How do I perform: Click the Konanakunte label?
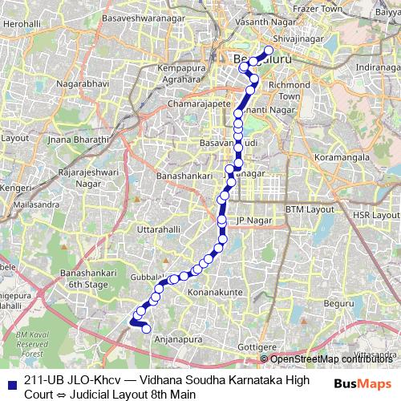[212, 294]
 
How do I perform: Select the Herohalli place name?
[21, 25]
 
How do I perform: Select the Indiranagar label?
[377, 66]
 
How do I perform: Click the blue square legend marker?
[14, 381]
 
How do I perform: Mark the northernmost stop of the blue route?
[269, 50]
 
